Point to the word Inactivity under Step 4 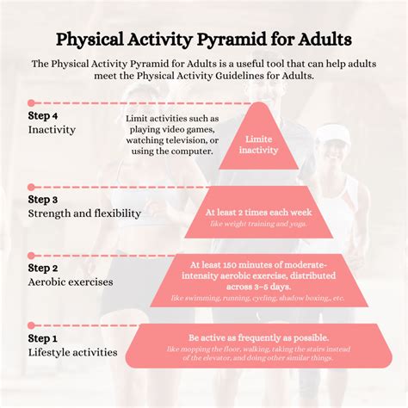click(52, 130)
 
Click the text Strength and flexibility click(85, 213)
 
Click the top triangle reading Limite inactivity click(258, 144)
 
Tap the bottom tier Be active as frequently click(258, 347)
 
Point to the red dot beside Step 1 click(31, 326)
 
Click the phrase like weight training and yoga click(257, 224)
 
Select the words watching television click(173, 139)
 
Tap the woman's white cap click(332, 133)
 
